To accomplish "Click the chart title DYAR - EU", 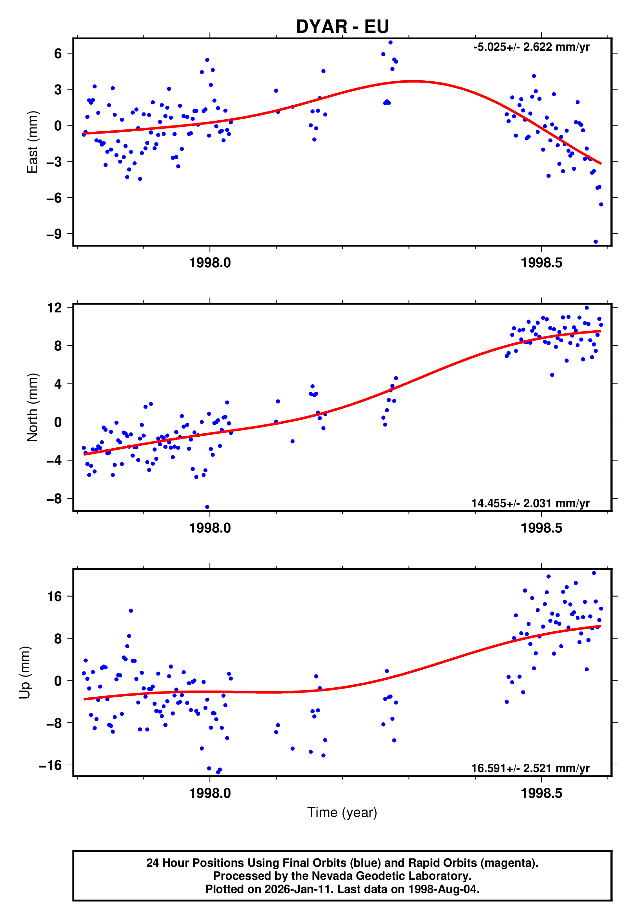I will (x=342, y=26).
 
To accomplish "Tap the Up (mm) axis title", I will (x=25, y=673).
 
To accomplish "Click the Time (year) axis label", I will (x=342, y=812).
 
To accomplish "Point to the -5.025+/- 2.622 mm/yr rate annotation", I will (x=531, y=47).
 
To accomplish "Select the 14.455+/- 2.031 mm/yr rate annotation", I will (x=530, y=503).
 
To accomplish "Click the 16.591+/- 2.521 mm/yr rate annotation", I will (x=530, y=768).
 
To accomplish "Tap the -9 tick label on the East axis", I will (x=54, y=234).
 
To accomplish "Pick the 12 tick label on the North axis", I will (x=55, y=308).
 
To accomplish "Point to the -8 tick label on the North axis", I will (x=54, y=499).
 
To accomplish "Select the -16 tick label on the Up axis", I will (x=50, y=765).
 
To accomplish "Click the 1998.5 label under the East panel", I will (x=541, y=263).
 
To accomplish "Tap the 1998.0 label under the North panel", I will (x=210, y=528).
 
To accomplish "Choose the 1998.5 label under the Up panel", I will (x=541, y=793).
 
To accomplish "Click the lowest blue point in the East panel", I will (x=595, y=242).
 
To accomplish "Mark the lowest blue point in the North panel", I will (x=207, y=507).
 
